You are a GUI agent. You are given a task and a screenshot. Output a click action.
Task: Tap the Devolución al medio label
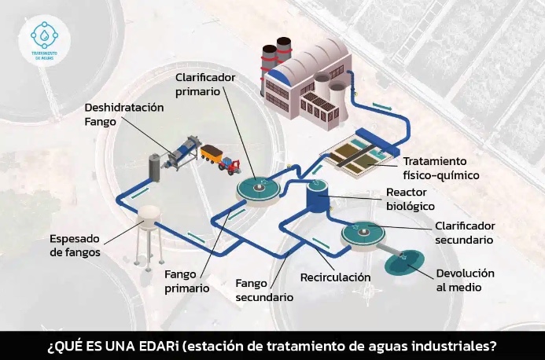point(466,280)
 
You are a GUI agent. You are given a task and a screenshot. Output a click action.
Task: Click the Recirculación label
point(335,277)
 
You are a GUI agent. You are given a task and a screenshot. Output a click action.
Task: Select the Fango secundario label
point(265,290)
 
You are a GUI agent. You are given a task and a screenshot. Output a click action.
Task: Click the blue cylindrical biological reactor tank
point(318,196)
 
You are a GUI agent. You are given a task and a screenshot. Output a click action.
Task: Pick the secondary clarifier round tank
point(364,233)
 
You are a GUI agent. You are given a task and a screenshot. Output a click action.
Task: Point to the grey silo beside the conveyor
point(155,167)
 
